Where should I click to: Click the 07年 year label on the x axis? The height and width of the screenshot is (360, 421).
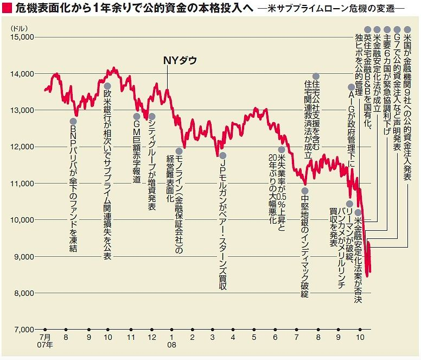pos(45,345)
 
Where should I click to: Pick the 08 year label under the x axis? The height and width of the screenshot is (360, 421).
pos(171,345)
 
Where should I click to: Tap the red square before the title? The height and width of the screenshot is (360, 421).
pos(7,9)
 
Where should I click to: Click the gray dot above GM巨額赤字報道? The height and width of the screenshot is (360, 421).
pos(137,116)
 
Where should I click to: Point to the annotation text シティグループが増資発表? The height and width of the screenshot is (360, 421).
pos(152,166)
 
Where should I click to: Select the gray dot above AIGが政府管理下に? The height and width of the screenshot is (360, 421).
pos(351,87)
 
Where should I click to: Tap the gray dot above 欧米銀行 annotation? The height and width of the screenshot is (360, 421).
pos(107,86)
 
